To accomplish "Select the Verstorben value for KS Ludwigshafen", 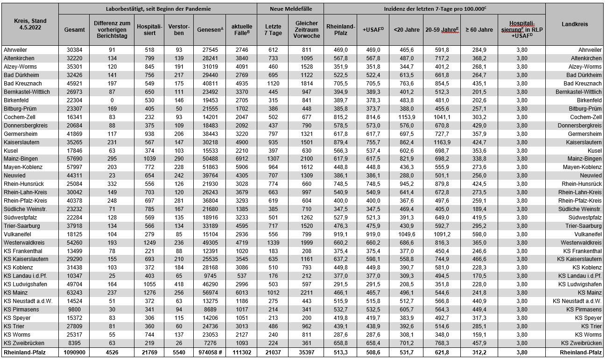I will coord(178,284).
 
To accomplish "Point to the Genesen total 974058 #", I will coord(209,352).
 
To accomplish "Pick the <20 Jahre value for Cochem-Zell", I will coord(406,117).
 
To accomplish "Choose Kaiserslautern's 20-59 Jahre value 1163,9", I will coord(442,142).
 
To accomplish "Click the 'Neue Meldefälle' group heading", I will coord(290,9).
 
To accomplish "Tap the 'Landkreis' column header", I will coord(575,24).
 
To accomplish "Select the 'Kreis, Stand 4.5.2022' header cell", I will coord(30,24).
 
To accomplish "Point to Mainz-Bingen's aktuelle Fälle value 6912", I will coord(241,159).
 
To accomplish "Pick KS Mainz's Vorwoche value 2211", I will coord(307,293).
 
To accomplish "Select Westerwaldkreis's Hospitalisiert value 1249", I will coord(149,242).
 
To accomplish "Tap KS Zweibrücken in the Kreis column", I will coord(22,343).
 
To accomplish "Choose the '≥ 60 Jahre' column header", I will coord(479,29).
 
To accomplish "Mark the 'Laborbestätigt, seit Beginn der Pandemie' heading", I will coord(158,9).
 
